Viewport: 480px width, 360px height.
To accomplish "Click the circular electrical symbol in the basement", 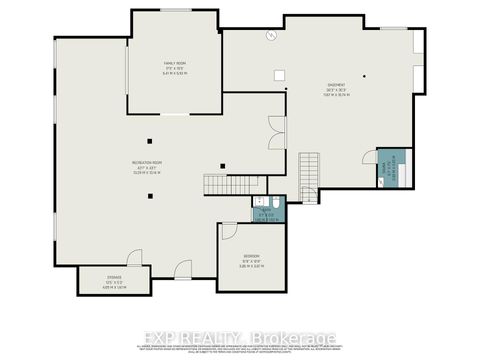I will tap(270, 37).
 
